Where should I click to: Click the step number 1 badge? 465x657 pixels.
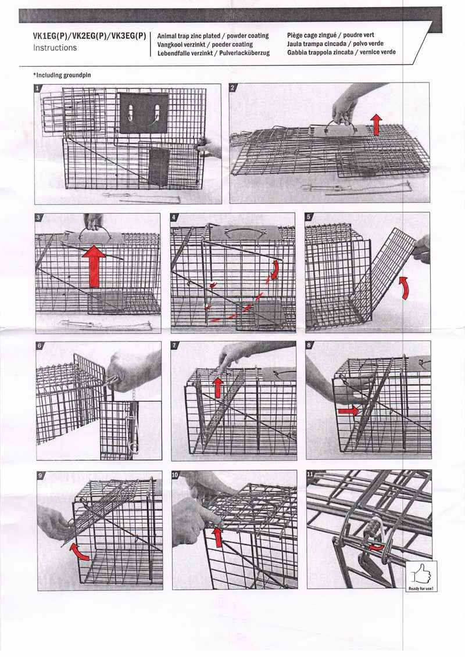pyautogui.click(x=38, y=88)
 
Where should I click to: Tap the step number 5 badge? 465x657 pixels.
pyautogui.click(x=309, y=217)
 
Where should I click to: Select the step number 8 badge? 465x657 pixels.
pyautogui.click(x=309, y=345)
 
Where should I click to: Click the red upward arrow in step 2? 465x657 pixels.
pyautogui.click(x=376, y=124)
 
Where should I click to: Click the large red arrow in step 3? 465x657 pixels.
pyautogui.click(x=94, y=267)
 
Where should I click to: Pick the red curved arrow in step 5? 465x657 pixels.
pyautogui.click(x=404, y=288)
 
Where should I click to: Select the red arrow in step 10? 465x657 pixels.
pyautogui.click(x=217, y=536)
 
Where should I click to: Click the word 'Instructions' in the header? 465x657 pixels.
pyautogui.click(x=55, y=48)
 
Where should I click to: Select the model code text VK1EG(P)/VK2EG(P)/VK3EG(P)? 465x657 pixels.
pyautogui.click(x=90, y=36)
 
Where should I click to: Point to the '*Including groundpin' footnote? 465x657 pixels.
pyautogui.click(x=62, y=75)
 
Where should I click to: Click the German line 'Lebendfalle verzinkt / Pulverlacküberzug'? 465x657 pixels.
pyautogui.click(x=213, y=52)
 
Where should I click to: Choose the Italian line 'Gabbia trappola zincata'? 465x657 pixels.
pyautogui.click(x=341, y=52)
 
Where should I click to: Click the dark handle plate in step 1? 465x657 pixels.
pyautogui.click(x=144, y=113)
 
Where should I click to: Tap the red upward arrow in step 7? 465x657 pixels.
pyautogui.click(x=217, y=387)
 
